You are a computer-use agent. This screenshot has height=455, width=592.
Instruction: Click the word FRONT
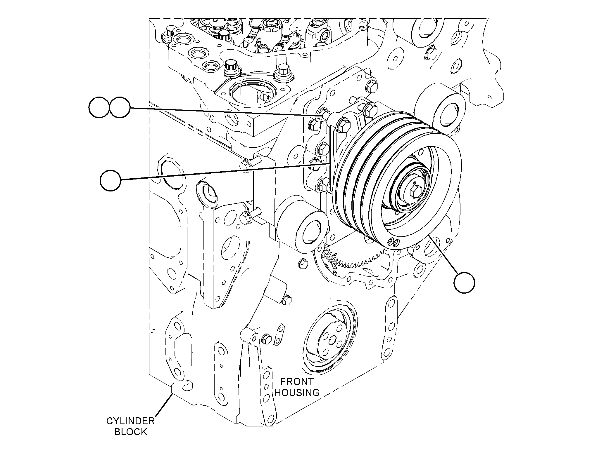[297, 381]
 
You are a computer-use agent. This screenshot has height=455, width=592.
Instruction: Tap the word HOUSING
[297, 393]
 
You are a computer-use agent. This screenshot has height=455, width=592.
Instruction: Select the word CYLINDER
[130, 421]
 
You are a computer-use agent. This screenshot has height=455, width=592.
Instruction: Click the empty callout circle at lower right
[465, 283]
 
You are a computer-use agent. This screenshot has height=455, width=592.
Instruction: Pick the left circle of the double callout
[99, 108]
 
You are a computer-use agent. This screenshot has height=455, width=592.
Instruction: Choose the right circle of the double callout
[119, 108]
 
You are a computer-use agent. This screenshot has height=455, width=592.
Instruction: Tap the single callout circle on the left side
[111, 181]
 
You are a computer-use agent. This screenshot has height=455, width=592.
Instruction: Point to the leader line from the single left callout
[225, 172]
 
